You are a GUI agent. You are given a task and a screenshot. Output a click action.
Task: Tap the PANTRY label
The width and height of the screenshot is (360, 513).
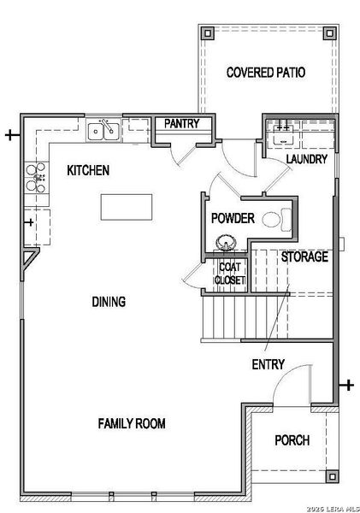(x=182, y=124)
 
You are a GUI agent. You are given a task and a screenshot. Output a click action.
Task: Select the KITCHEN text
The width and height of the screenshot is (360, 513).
(x=88, y=171)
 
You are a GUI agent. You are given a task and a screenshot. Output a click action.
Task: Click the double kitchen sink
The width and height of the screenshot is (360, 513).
(x=103, y=131)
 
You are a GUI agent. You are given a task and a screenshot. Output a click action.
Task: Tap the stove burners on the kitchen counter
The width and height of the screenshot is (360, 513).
(x=36, y=176)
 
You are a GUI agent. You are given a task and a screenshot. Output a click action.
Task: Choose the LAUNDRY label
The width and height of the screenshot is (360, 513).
(x=307, y=159)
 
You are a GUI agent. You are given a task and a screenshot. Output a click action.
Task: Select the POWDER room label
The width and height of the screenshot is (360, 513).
(x=233, y=219)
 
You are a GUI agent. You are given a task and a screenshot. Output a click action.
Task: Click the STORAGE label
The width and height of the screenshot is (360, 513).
(x=304, y=256)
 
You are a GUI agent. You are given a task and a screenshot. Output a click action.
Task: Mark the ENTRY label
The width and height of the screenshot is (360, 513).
(x=268, y=365)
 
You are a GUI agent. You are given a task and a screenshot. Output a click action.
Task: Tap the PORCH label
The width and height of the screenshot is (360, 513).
(x=292, y=440)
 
